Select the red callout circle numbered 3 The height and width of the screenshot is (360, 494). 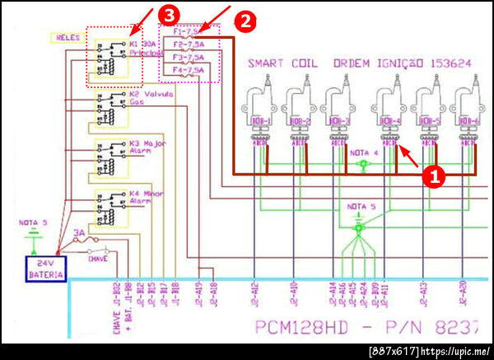168,14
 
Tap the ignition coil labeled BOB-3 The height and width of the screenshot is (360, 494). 341,111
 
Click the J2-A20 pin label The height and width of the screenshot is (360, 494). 463,292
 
